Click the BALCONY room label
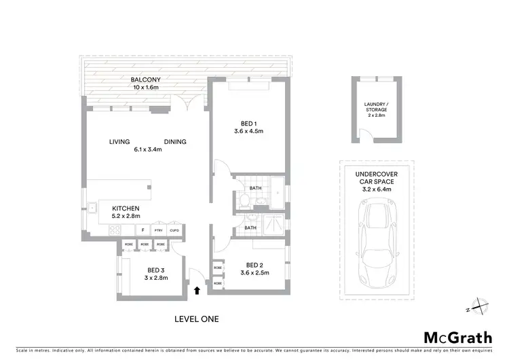145,79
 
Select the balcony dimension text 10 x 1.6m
145,88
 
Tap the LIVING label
119,142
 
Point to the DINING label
175,142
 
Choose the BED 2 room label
254,265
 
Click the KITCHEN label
126,209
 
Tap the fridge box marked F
143,230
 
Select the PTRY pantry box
159,230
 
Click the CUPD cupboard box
174,230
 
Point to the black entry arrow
197,291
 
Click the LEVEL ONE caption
196,318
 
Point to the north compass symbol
479,306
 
